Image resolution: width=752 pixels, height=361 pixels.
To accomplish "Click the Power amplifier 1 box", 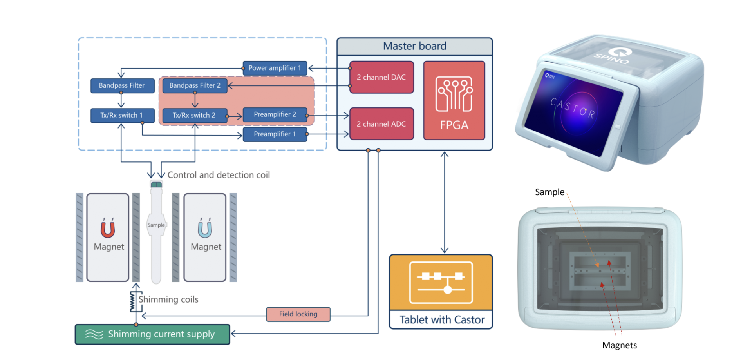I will [275, 68].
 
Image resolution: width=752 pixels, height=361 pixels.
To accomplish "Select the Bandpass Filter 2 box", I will [195, 85].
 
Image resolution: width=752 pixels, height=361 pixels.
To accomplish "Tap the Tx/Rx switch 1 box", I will [122, 115].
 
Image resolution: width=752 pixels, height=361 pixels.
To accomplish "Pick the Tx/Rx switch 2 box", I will [194, 115].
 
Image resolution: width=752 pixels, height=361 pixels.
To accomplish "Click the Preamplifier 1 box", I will [275, 134].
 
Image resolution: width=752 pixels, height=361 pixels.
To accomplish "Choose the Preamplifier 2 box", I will [275, 114].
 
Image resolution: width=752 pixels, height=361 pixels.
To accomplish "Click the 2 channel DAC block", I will [381, 77].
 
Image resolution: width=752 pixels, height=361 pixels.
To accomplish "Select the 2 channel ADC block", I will [381, 124].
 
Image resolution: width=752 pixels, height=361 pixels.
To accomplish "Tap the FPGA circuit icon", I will [454, 94].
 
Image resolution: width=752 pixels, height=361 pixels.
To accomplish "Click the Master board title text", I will [414, 46].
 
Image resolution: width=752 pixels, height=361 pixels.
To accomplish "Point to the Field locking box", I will [298, 314].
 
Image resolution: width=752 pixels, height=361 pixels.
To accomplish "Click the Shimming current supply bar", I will [152, 334].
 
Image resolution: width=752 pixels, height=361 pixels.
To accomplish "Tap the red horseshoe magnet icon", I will [108, 229].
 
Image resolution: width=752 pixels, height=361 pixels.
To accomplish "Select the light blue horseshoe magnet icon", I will [205, 229].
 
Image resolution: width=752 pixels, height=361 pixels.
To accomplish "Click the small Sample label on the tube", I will [156, 225].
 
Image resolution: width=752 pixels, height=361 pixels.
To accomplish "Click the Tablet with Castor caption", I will [442, 320].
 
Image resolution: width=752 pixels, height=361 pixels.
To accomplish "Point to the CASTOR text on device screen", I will [572, 108].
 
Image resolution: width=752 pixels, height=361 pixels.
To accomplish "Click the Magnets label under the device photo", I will [619, 345].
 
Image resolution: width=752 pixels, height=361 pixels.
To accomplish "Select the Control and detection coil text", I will [219, 175].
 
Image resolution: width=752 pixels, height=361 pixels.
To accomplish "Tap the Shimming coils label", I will [168, 299].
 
